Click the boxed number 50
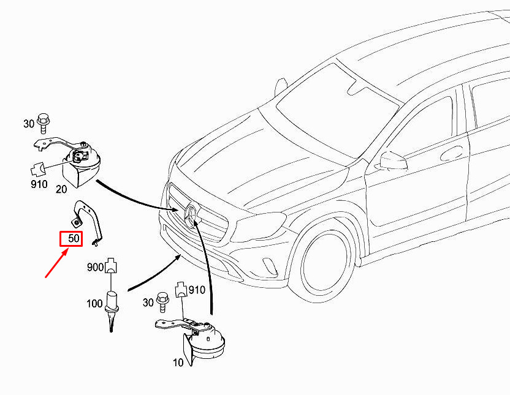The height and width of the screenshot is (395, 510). tap(70, 238)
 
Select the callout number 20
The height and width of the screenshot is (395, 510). tap(61, 189)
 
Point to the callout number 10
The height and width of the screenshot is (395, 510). tap(178, 362)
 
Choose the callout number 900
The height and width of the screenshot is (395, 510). tap(95, 266)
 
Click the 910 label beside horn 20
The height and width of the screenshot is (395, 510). tap(39, 184)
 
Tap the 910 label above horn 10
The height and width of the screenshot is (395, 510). tap(196, 289)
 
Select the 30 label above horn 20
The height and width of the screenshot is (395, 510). tap(29, 124)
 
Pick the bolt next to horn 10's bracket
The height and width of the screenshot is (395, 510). tap(164, 301)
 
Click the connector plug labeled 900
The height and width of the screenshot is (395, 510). tap(110, 266)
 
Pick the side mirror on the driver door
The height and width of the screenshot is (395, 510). tap(393, 161)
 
